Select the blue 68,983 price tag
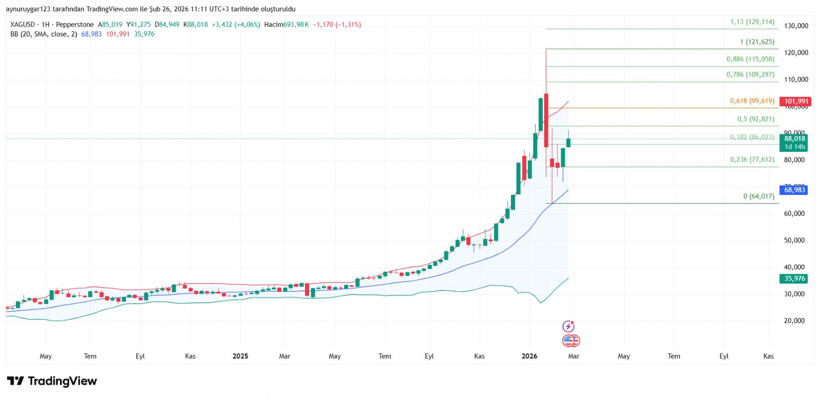click(x=794, y=190)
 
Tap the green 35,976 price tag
click(x=794, y=278)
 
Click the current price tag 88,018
click(x=794, y=138)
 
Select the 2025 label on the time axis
click(x=240, y=356)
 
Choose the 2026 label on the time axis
click(x=529, y=356)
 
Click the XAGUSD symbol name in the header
click(x=23, y=25)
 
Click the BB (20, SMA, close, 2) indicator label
click(x=44, y=34)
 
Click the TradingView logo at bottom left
click(x=52, y=381)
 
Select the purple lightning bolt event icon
click(x=568, y=326)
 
